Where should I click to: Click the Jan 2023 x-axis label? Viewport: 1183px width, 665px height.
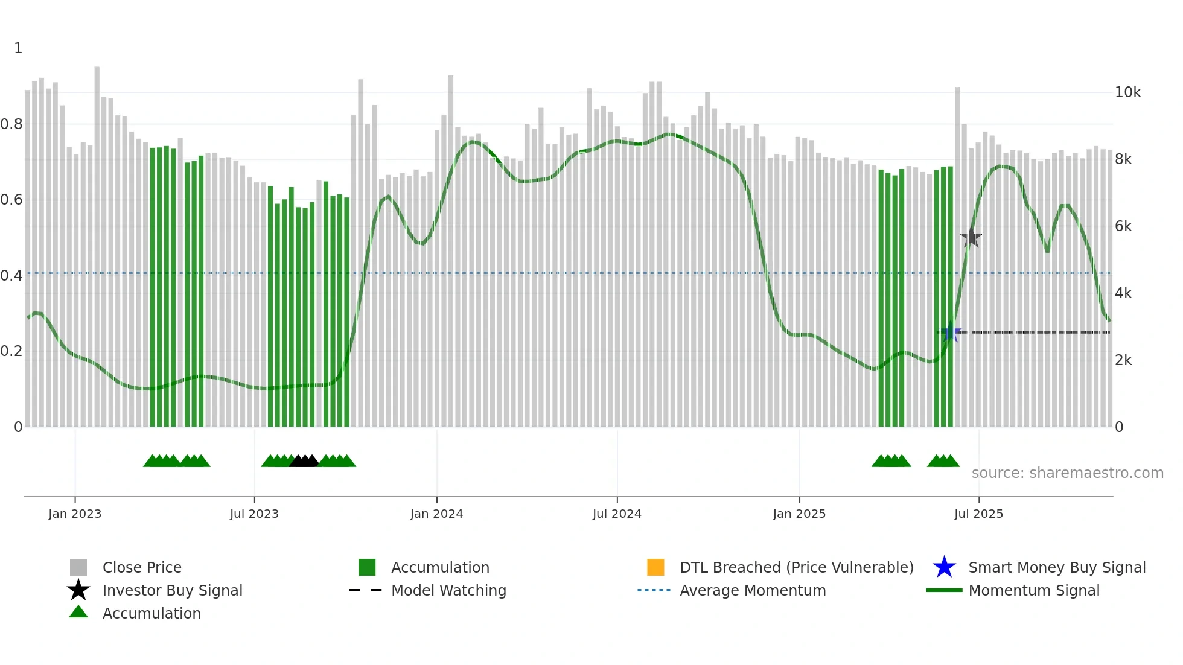[75, 514]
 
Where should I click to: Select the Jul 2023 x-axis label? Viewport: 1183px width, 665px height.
[254, 514]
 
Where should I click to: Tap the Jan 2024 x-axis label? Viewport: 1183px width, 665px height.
[436, 514]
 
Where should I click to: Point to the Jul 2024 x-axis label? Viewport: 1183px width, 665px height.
[617, 514]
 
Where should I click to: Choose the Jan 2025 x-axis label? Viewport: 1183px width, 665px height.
[799, 514]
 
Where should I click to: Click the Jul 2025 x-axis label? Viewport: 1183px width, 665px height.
[978, 514]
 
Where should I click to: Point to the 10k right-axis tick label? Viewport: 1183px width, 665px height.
[1127, 92]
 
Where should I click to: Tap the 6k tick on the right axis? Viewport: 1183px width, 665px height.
[1123, 226]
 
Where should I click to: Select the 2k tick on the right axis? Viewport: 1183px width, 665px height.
[1123, 360]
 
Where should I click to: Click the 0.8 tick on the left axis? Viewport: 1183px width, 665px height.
[11, 124]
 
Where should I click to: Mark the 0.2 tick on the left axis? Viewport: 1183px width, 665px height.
[11, 351]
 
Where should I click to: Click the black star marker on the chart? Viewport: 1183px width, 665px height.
[971, 238]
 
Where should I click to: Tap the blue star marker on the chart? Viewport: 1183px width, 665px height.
[951, 332]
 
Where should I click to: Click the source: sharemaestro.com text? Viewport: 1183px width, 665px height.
[1067, 473]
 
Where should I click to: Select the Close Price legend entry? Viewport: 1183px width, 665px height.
[142, 567]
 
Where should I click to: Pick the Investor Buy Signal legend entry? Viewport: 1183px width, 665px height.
[172, 590]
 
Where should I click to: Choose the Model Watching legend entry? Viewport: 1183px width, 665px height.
[448, 590]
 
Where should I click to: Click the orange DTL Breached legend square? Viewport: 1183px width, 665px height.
[655, 567]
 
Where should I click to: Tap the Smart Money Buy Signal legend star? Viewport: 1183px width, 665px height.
[944, 567]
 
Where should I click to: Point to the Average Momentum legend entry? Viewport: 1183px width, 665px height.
[753, 590]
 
